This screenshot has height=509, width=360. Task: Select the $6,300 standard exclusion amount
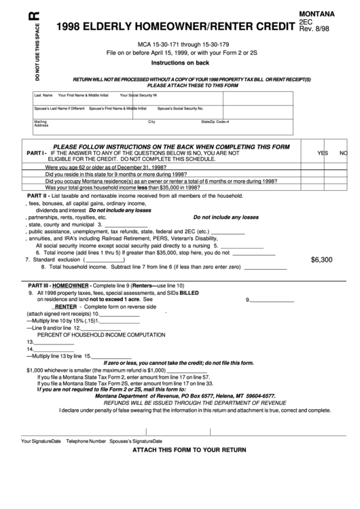click(321, 260)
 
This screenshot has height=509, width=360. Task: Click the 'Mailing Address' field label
click(41, 124)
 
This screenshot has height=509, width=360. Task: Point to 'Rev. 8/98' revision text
click(317, 28)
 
